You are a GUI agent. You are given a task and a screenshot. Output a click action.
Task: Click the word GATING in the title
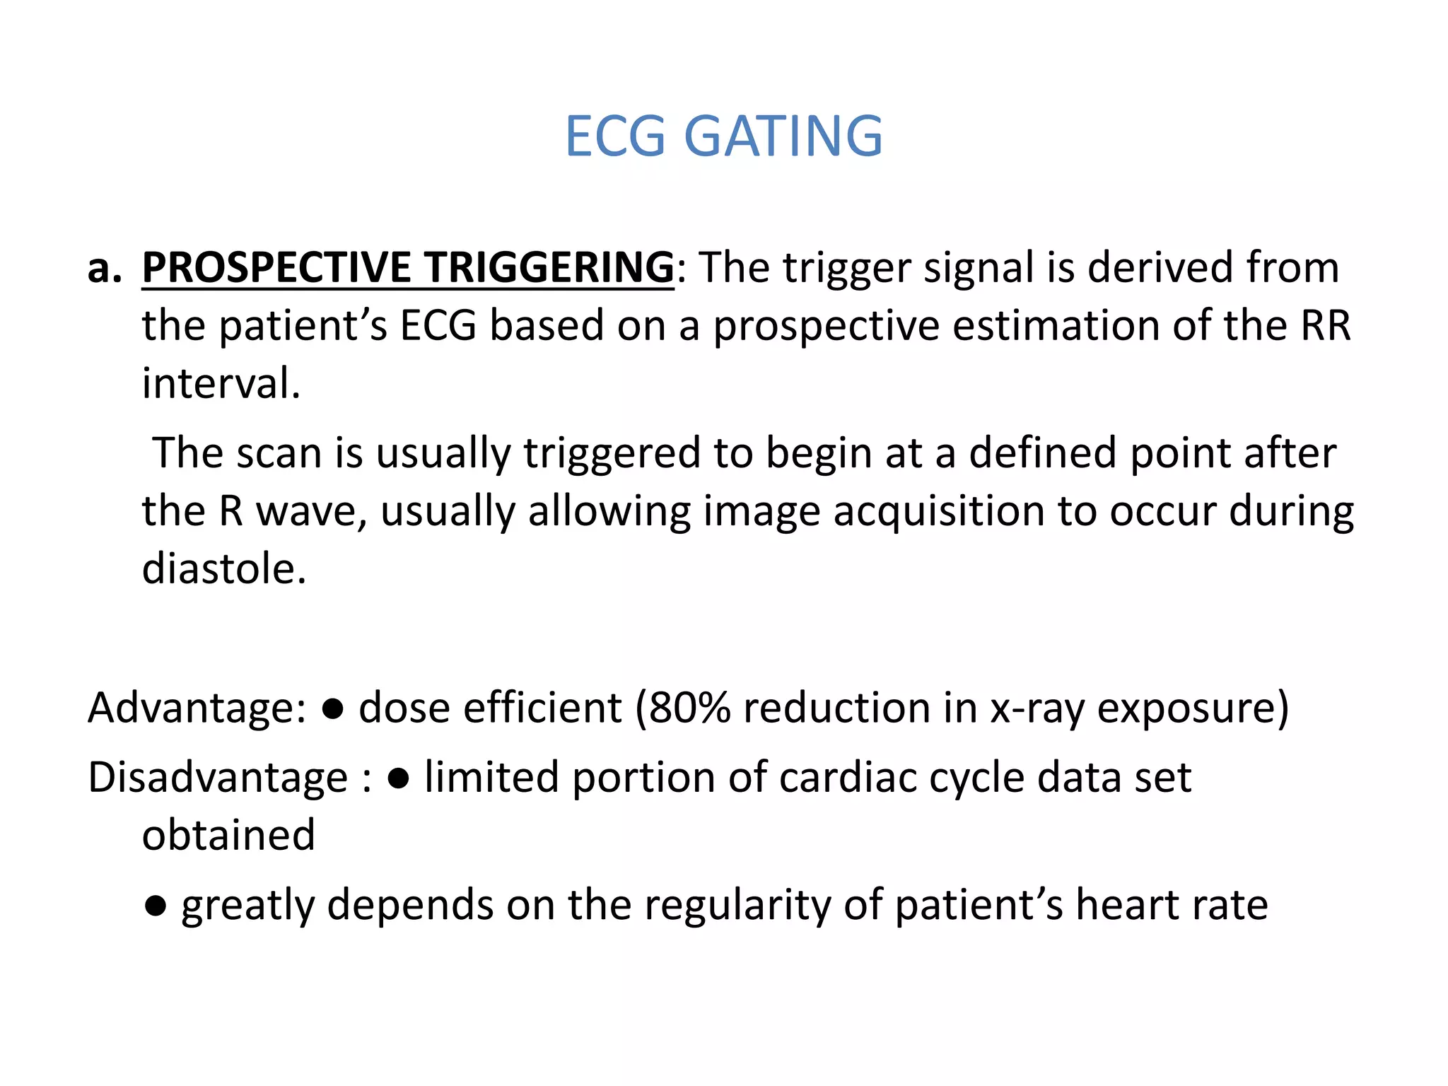click(783, 136)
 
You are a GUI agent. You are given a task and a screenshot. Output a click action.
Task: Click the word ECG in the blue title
click(615, 136)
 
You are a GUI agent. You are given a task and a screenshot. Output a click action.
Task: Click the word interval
click(221, 383)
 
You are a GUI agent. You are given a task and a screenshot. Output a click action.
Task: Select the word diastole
click(224, 568)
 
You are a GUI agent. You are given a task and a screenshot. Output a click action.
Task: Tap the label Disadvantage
click(218, 778)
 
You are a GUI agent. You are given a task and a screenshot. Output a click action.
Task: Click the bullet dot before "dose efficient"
click(332, 709)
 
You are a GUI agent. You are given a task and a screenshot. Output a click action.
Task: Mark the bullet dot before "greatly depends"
click(155, 906)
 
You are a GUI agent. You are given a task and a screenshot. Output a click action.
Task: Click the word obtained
click(228, 835)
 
